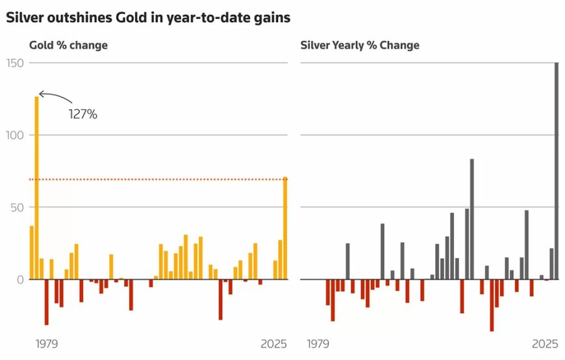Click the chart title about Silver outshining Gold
click(x=148, y=18)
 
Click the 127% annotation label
click(x=83, y=114)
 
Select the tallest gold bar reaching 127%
click(x=36, y=188)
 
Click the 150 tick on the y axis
click(x=14, y=63)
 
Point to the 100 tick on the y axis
click(x=14, y=135)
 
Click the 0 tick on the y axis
click(x=19, y=279)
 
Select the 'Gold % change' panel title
click(x=68, y=45)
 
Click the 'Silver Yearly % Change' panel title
click(x=360, y=45)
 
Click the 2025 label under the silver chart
click(x=545, y=343)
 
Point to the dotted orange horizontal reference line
click(x=162, y=179)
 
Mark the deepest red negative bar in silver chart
click(x=492, y=305)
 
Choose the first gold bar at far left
click(x=32, y=253)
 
